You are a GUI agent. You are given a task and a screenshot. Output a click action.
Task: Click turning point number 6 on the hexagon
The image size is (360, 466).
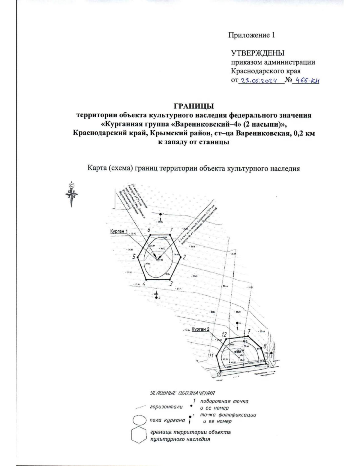[148, 230]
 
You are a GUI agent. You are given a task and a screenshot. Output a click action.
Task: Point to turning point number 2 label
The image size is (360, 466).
[184, 257]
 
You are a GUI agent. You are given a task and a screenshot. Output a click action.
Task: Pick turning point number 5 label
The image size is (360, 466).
[134, 257]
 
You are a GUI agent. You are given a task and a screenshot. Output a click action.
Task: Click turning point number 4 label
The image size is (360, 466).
[144, 284]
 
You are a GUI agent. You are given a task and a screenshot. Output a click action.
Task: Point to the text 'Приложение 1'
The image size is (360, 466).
[252, 35]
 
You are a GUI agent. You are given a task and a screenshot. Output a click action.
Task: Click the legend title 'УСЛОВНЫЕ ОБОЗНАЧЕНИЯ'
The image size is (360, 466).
[182, 393]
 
